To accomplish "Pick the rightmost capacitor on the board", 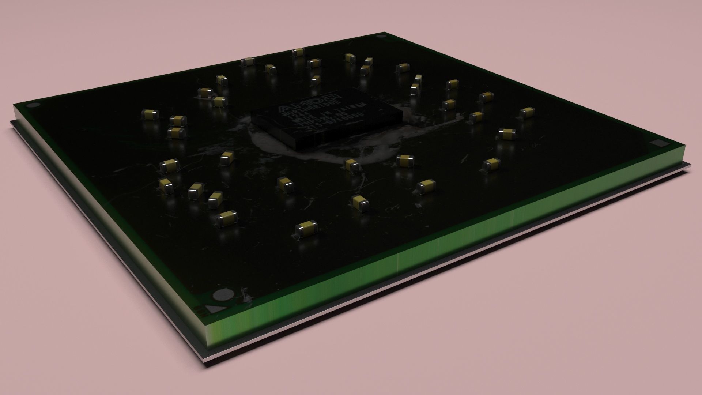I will [527, 113].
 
